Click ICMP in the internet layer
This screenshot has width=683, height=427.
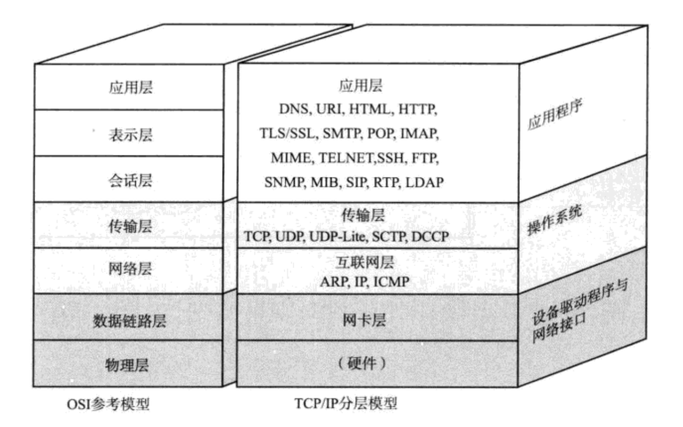point(391,281)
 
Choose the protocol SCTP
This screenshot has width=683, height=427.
point(388,236)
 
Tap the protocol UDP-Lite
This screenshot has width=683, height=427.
point(332,236)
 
